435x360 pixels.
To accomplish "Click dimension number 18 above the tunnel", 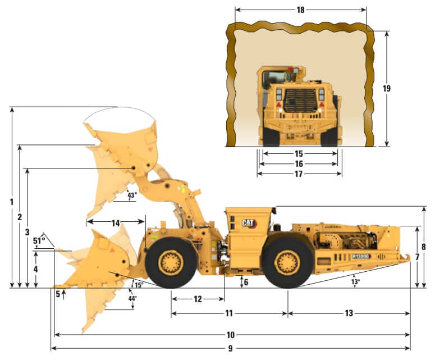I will click(300, 10).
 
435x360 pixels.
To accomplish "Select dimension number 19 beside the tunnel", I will click(386, 88).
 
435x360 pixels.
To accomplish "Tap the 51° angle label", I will click(39, 241).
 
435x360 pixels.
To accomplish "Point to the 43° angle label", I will click(131, 195).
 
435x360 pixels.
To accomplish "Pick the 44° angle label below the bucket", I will click(132, 299).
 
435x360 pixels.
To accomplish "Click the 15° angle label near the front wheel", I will click(138, 285).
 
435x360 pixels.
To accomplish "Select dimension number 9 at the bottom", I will click(230, 348).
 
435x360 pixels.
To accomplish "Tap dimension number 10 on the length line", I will click(230, 335).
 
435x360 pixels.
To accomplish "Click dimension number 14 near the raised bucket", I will click(116, 223).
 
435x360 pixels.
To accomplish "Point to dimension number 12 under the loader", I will click(198, 299).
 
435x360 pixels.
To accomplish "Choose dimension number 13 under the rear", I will click(349, 313).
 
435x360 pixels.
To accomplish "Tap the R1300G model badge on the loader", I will click(361, 256).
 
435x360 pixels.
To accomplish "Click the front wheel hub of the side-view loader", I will click(171, 263).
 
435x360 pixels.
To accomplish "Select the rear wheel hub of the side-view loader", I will click(287, 262).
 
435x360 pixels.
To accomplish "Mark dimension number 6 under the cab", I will click(246, 282).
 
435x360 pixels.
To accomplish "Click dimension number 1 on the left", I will click(11, 201).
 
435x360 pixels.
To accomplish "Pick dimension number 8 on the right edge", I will click(424, 247).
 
